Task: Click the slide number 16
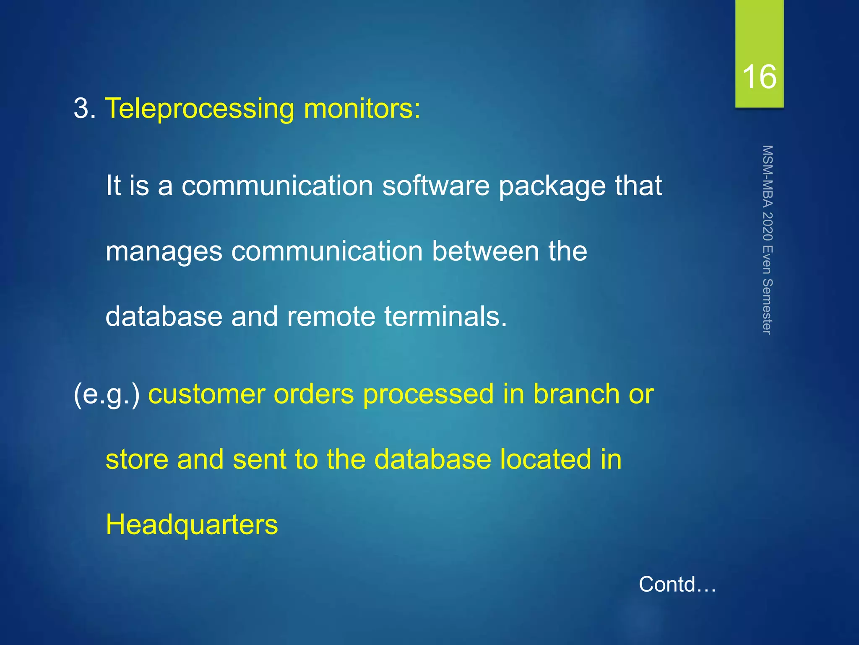(759, 77)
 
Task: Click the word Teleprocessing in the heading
(200, 109)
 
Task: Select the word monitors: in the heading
(362, 108)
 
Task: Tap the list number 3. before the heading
(85, 108)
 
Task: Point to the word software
(436, 186)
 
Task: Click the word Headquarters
(192, 525)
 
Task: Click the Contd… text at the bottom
(677, 584)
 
